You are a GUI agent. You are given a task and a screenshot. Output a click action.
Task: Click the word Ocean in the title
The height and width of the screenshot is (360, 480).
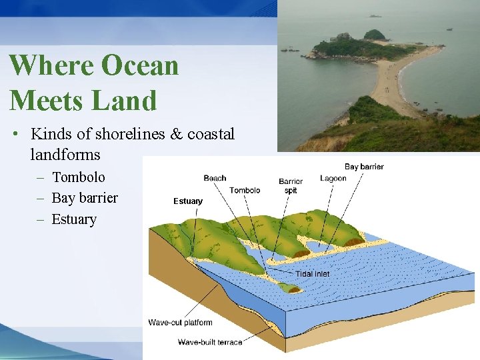140,66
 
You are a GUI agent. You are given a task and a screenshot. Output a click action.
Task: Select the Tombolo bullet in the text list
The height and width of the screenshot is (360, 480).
78,177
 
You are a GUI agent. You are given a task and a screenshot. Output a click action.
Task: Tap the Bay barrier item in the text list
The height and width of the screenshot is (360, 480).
84,198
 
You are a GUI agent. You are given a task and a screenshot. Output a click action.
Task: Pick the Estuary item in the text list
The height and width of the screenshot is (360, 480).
74,219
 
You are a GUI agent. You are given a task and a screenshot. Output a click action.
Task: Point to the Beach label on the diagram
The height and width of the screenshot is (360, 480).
215,178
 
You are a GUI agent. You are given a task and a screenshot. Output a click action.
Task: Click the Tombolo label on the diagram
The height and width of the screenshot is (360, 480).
245,191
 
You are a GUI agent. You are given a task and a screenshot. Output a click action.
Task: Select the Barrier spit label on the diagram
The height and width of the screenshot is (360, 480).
291,186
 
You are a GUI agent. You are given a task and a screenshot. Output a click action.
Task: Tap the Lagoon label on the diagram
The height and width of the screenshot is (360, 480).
333,179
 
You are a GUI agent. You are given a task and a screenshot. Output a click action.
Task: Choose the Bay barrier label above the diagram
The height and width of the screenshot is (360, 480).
364,166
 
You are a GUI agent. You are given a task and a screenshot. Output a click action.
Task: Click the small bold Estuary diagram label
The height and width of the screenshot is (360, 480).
188,201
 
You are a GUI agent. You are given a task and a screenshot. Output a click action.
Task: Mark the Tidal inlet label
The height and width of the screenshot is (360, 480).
312,274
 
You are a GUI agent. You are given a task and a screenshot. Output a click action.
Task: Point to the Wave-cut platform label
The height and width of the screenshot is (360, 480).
180,323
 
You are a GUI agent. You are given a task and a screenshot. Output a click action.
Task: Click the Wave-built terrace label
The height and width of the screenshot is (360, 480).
210,342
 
